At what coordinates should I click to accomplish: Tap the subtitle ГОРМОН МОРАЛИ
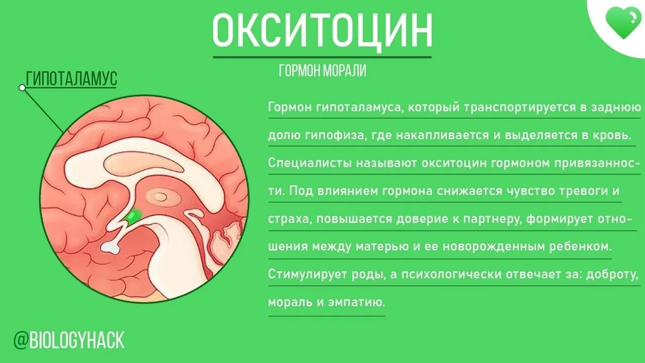(322, 71)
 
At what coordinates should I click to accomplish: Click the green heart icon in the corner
(623, 23)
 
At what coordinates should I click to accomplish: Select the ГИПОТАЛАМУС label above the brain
(72, 78)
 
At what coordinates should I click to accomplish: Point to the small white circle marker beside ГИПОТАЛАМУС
(22, 88)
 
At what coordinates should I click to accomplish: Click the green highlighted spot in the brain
(134, 215)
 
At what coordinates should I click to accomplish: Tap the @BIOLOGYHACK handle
(69, 340)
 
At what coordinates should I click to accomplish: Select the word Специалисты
(309, 163)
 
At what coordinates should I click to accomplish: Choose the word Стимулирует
(307, 275)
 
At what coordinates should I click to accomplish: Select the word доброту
(612, 275)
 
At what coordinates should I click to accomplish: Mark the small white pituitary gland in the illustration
(111, 247)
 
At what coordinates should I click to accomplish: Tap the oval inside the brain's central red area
(160, 197)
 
